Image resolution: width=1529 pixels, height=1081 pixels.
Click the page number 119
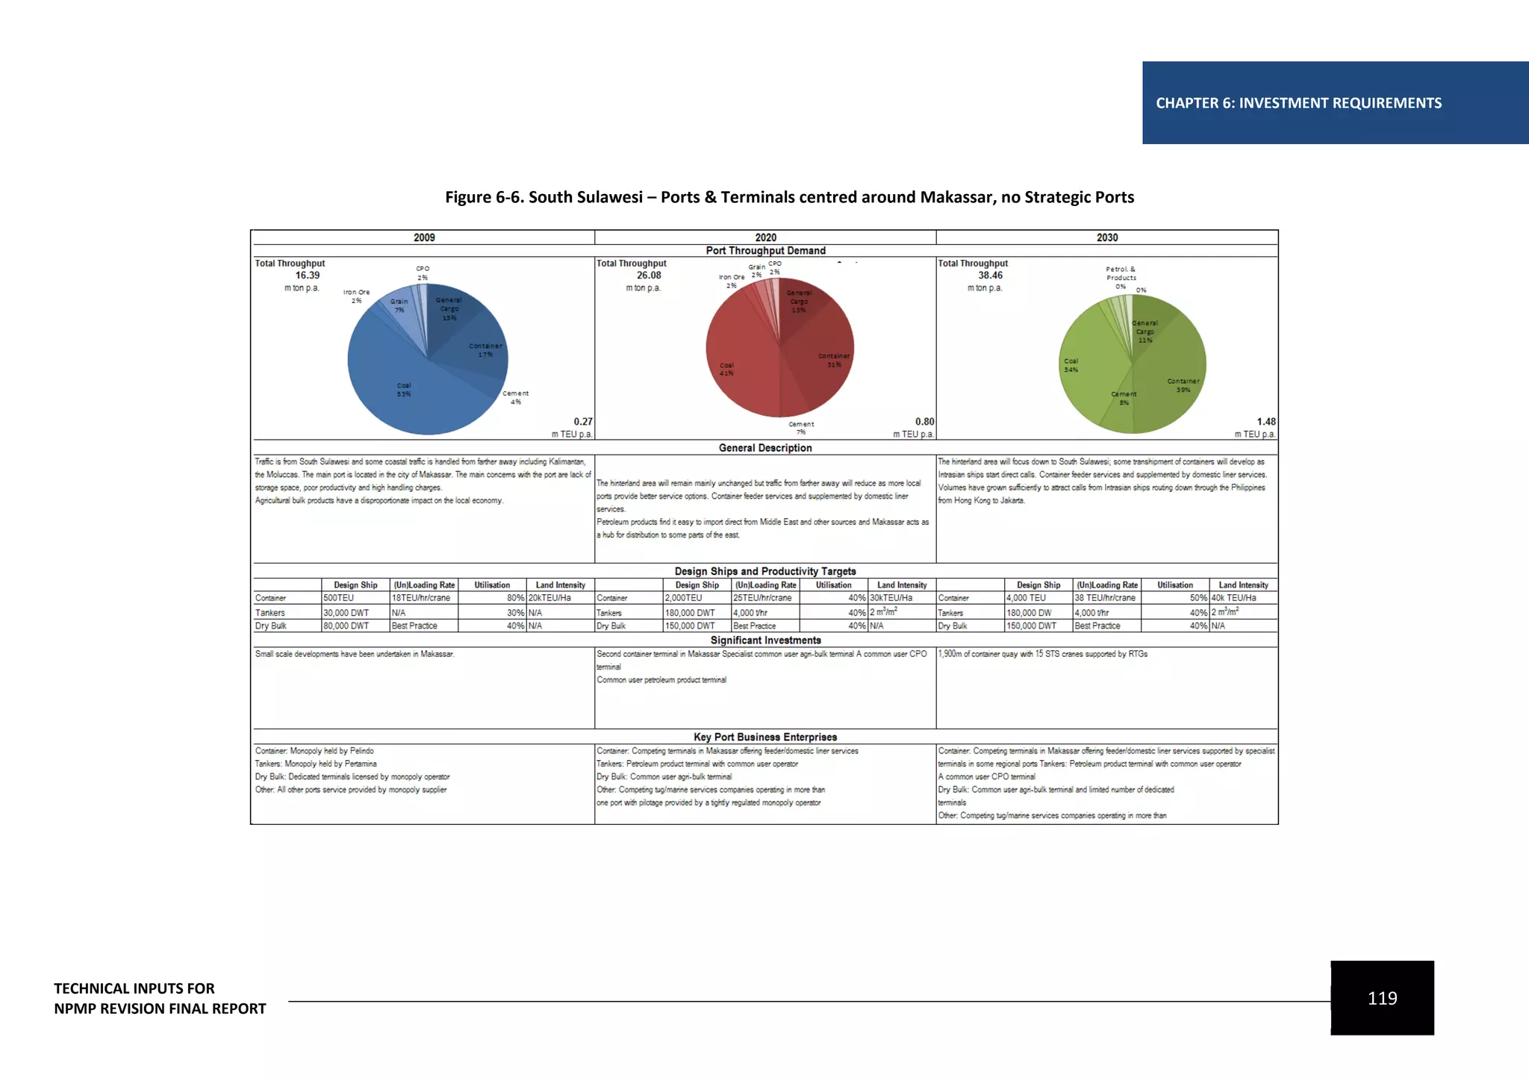click(1382, 998)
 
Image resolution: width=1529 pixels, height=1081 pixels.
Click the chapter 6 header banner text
click(1298, 103)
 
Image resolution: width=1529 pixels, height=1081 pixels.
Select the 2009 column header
click(424, 237)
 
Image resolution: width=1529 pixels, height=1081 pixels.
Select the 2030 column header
click(1107, 237)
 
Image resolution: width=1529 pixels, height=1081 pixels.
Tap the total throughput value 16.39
click(307, 275)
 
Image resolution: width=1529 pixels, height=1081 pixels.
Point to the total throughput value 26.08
click(649, 275)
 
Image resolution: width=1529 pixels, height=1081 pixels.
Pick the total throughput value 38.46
click(990, 275)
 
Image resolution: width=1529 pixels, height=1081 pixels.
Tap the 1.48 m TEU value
click(1266, 422)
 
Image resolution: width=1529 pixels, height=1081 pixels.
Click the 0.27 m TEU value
click(583, 422)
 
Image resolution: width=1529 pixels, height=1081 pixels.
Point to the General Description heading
click(765, 448)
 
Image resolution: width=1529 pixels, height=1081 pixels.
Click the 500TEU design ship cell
click(339, 598)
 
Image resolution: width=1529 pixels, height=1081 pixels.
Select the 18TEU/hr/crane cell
click(421, 598)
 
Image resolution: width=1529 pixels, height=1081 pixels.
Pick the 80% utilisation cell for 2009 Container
click(515, 598)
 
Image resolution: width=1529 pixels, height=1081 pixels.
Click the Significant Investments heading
click(765, 641)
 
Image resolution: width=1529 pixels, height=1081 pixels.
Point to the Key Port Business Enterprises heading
click(765, 737)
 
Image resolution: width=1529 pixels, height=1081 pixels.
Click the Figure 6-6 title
click(789, 197)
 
